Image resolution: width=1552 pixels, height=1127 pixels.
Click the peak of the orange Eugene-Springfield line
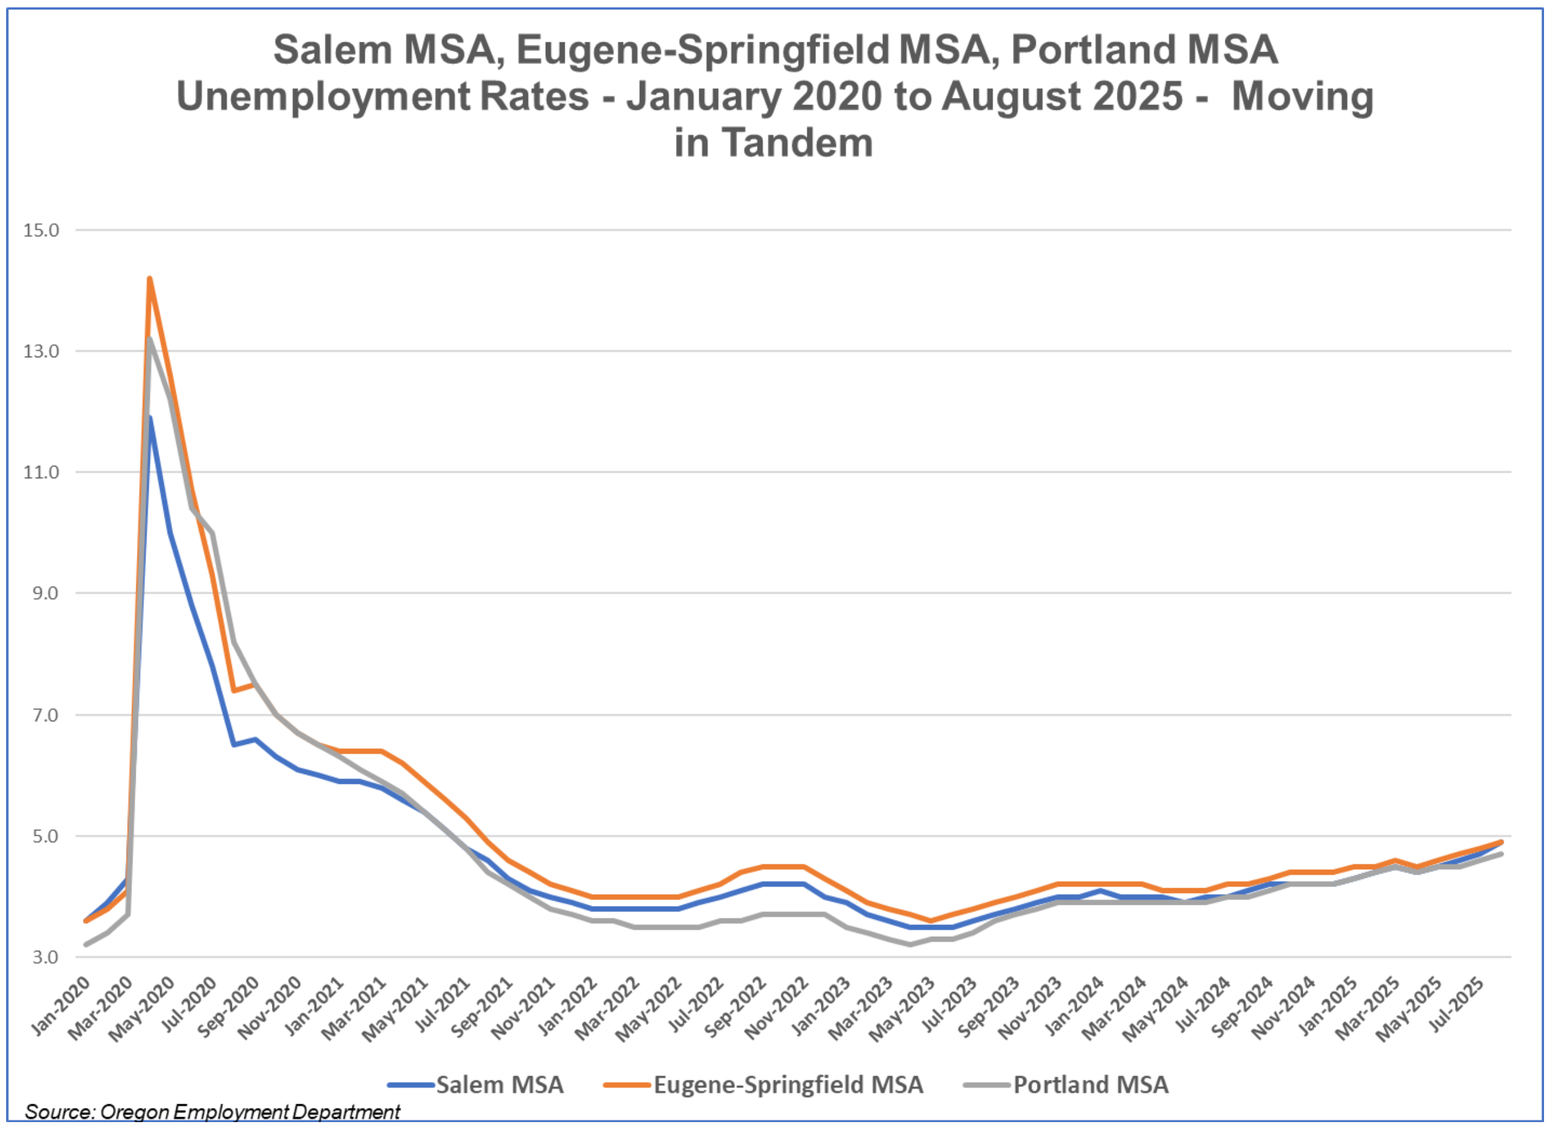149,278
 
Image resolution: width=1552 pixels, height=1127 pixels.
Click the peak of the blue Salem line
149,417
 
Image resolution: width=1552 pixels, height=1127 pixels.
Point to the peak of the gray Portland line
149,339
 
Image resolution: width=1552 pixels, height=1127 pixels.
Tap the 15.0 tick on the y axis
41,230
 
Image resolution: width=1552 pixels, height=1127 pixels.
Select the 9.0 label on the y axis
45,593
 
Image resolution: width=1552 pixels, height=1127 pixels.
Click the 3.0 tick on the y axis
45,956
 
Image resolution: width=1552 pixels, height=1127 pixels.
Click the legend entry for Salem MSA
500,1085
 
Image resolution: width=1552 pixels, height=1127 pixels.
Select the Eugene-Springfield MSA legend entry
788,1085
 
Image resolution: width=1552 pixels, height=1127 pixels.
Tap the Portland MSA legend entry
1091,1085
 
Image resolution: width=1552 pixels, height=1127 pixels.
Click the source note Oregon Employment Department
250,1112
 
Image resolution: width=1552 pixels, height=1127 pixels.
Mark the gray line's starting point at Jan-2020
85,944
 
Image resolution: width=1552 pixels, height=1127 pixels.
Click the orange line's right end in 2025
1500,842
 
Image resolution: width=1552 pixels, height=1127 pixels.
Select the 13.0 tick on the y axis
41,351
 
